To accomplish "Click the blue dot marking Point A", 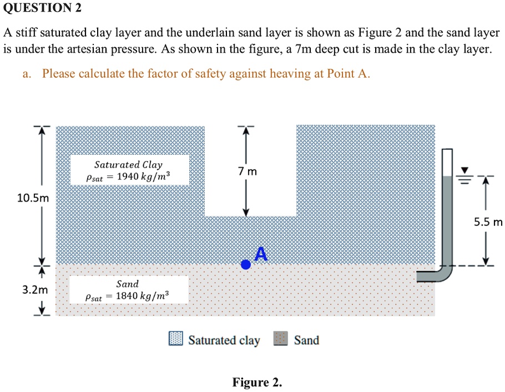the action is tap(246, 265).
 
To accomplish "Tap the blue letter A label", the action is tap(261, 254).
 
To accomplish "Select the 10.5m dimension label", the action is tap(33, 198).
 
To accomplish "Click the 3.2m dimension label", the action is tap(35, 290).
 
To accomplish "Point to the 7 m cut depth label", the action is tap(248, 172).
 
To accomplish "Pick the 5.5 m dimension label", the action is tap(488, 222).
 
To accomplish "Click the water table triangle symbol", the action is tap(464, 170).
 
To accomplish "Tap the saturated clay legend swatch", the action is tap(176, 339).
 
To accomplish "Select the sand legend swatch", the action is tap(280, 339).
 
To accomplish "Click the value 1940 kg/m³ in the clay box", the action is tap(143, 177).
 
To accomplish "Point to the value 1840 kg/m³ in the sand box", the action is tap(143, 295).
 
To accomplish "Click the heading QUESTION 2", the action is tap(42, 8).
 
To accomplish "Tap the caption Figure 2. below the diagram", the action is tap(257, 383).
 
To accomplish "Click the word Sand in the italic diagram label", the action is tap(128, 284).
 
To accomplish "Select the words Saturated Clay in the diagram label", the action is tap(129, 165).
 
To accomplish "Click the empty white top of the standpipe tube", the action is tap(447, 163).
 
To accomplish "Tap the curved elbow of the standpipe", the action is tap(443, 273).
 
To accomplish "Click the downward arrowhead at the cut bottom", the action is tap(246, 213).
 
